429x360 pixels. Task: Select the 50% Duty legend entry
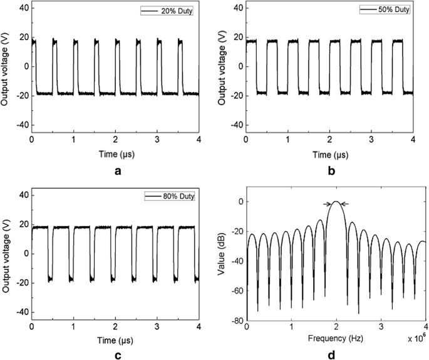386,11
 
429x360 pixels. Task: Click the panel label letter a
115,169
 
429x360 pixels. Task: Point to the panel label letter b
329,169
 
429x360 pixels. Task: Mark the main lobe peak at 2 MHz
336,202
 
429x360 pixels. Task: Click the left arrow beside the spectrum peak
327,203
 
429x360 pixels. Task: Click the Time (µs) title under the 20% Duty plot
115,153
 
